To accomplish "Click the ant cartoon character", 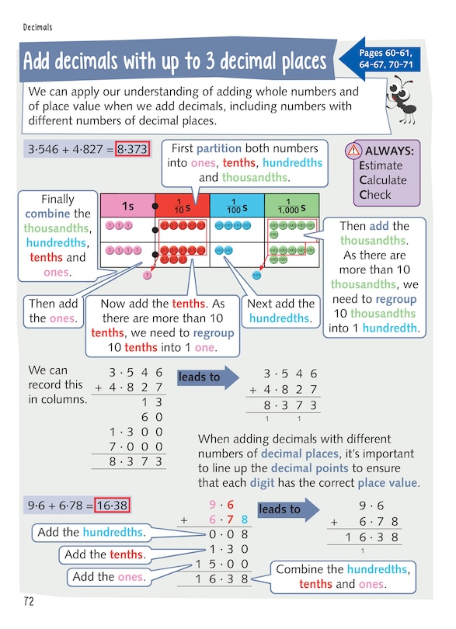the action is (x=410, y=105).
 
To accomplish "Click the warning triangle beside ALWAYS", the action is (x=354, y=150).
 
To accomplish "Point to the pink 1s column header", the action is (x=128, y=206).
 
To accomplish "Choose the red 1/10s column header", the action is (x=183, y=206).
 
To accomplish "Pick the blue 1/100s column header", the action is (x=236, y=206).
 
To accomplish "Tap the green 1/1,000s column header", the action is (x=291, y=206).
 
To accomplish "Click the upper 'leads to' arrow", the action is (x=204, y=377).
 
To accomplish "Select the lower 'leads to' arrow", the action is (x=284, y=509).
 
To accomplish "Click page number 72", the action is (x=29, y=601).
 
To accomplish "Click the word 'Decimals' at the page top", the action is (x=37, y=27).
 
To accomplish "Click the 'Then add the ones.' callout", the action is (x=53, y=311).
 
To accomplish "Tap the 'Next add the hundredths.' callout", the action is (x=281, y=311).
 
